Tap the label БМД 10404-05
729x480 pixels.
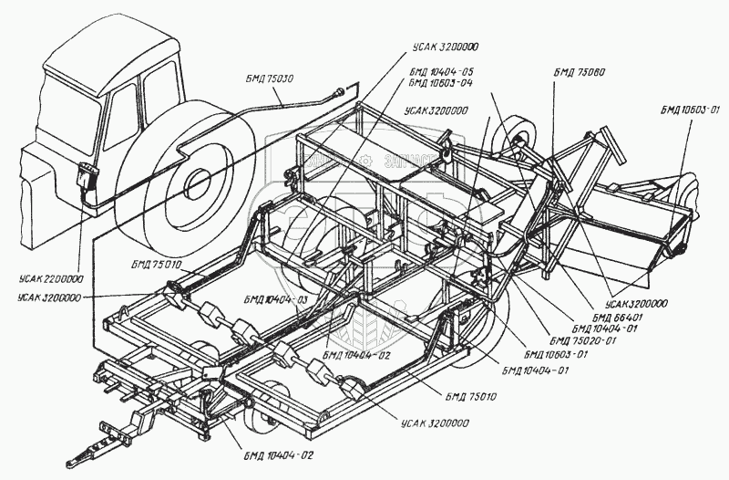pos(441,71)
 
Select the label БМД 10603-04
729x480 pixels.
pos(441,82)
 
